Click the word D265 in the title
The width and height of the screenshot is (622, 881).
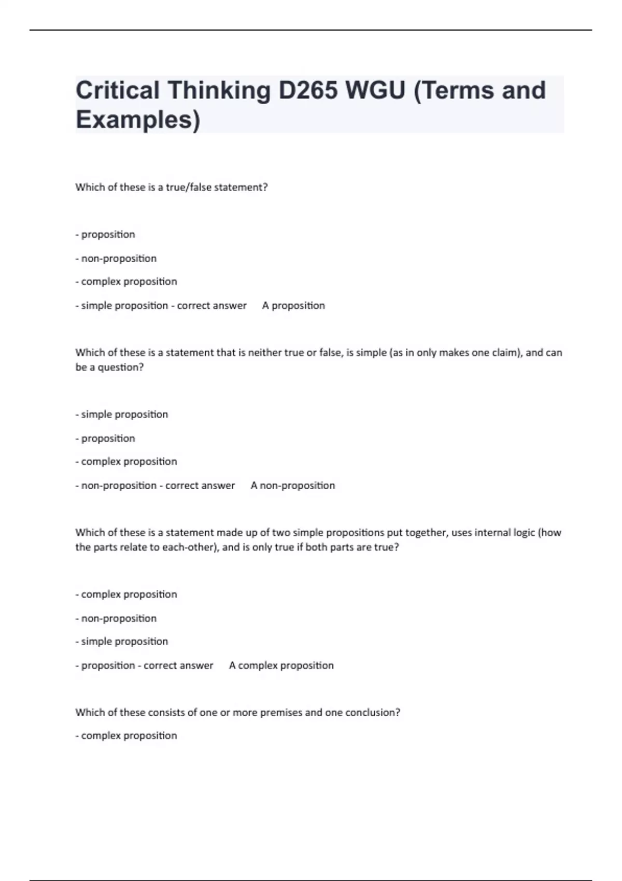[x=308, y=90]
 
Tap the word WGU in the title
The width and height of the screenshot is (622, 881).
[x=376, y=90]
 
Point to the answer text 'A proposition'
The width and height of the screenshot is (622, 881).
[x=293, y=306]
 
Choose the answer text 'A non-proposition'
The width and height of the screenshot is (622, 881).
[x=293, y=486]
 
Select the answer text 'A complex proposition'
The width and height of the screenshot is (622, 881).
[x=281, y=665]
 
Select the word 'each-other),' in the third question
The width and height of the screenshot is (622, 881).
[x=191, y=547]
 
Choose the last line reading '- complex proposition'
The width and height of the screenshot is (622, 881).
[x=126, y=736]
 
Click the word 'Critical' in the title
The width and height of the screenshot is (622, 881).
[x=118, y=90]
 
